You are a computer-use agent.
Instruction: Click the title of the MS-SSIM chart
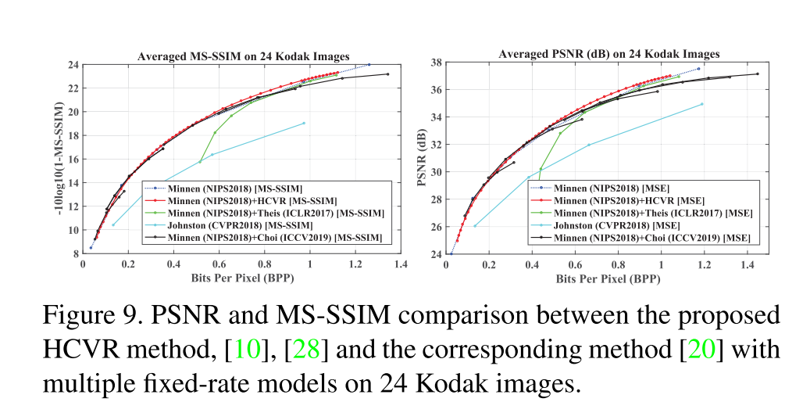243,56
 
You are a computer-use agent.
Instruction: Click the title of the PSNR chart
609,54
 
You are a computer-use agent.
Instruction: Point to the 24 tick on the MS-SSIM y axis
72,65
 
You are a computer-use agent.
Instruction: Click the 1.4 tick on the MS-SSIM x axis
400,264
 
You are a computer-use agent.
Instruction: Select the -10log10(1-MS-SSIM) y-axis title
56,159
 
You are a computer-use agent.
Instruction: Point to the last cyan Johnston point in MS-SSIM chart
304,123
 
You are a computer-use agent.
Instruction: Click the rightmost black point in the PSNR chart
757,74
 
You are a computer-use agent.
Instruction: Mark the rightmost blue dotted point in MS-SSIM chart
369,65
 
